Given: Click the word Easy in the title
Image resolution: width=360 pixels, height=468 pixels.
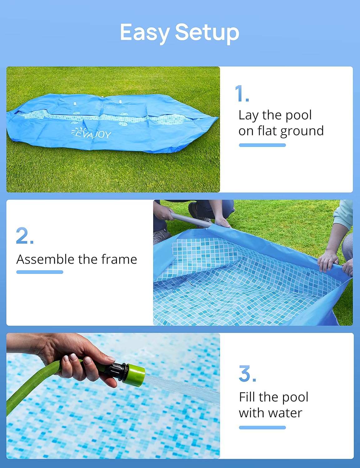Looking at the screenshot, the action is tap(144, 33).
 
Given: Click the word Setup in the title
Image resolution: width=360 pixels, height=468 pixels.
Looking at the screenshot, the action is tap(207, 33).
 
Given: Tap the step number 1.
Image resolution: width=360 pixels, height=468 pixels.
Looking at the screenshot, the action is tap(242, 93).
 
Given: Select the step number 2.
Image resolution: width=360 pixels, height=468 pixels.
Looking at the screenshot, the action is tap(25, 235).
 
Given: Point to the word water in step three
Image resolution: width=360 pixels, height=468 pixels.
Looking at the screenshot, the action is tap(285, 413).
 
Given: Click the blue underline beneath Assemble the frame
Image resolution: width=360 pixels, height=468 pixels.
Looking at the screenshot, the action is tap(40, 272).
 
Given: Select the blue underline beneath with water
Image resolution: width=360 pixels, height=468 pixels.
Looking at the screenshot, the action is tap(262, 427).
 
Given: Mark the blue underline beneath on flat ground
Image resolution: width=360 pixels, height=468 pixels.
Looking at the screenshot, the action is tap(262, 145).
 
